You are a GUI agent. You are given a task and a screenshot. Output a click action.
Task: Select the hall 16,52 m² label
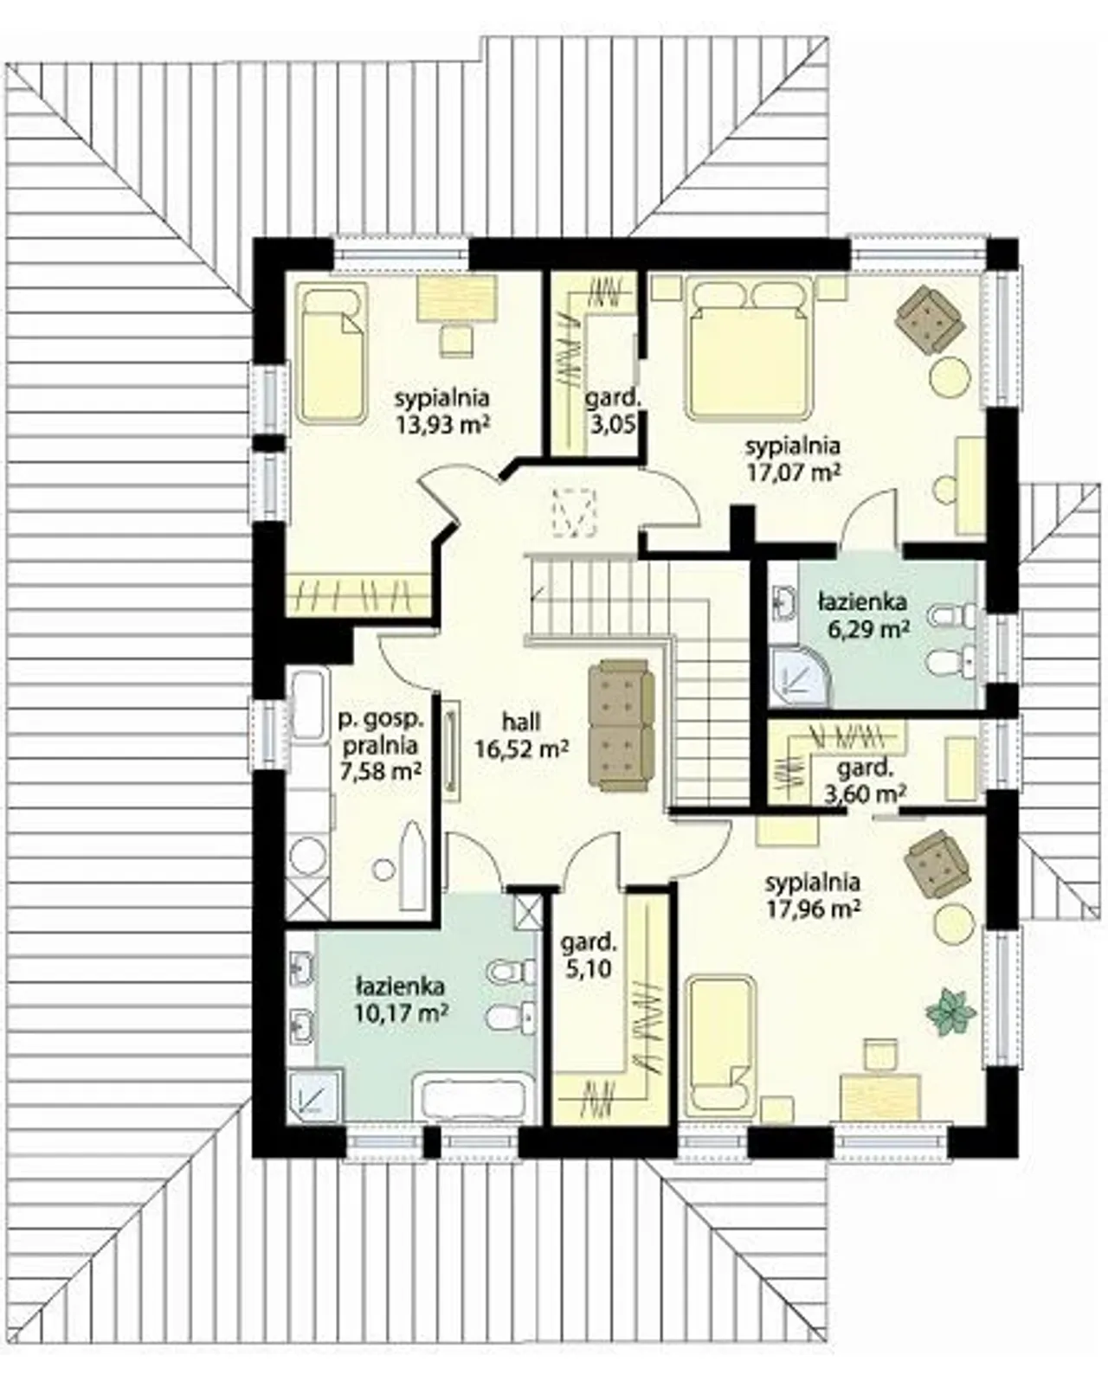point(521,735)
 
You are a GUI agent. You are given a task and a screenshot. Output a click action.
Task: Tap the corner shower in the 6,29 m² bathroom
point(799,676)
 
